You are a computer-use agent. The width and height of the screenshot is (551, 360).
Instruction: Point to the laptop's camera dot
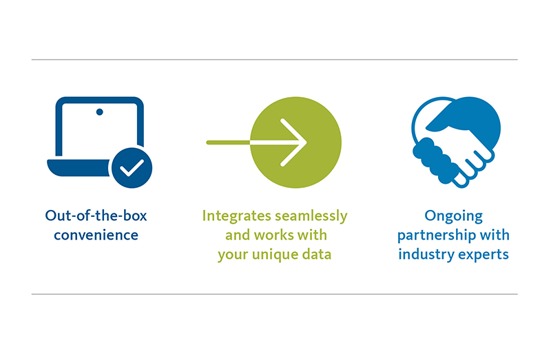point(99,111)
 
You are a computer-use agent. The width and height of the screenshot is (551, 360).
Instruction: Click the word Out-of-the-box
point(96,216)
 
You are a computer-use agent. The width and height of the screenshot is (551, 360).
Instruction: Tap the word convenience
point(96,235)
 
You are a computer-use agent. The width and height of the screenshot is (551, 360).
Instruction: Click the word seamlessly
point(311,216)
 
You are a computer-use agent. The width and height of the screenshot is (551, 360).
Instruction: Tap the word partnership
point(444,235)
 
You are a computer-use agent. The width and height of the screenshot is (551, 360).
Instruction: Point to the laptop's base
point(79,167)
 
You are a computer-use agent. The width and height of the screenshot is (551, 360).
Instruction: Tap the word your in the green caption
point(233,254)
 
